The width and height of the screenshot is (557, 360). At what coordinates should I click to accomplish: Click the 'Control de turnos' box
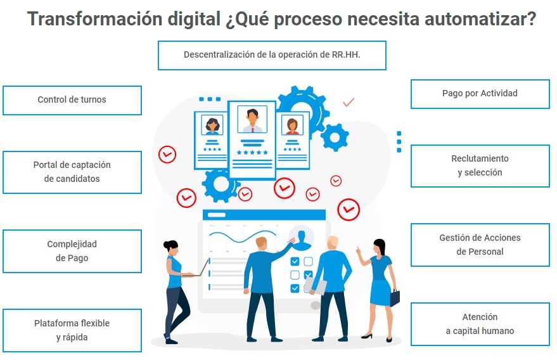pos(72,100)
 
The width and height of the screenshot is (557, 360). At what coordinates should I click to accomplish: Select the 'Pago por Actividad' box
pos(480,94)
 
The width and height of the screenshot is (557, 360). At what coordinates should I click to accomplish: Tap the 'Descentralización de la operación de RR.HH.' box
pos(271,55)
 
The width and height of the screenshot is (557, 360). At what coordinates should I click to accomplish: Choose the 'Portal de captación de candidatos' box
pos(72,172)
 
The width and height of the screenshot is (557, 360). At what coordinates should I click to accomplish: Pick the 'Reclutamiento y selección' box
pos(480,165)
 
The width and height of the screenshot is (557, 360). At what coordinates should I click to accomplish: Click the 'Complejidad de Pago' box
pos(72,251)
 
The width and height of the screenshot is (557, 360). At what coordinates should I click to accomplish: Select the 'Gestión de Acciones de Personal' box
pos(480,245)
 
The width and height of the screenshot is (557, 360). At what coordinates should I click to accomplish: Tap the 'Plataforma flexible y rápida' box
pos(72,330)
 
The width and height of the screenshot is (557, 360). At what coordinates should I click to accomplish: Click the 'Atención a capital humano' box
pos(480,324)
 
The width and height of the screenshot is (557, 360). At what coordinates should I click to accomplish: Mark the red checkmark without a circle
pos(348,101)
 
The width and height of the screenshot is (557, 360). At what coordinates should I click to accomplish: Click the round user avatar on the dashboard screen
pos(302,238)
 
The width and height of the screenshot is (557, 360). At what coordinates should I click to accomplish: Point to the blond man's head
pos(333,243)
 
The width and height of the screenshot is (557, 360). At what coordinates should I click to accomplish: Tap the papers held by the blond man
pos(316,286)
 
